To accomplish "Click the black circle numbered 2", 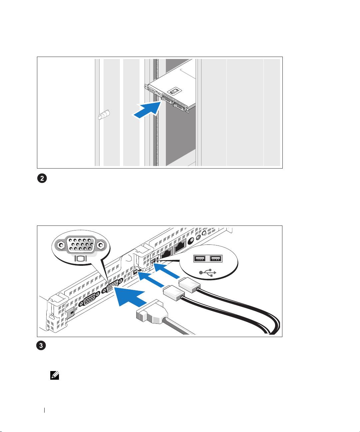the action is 42,179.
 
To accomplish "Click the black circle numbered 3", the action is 41,345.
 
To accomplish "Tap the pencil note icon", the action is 55,375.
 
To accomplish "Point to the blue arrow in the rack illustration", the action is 147,110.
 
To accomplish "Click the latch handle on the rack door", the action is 104,115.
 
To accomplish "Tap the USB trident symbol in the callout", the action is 208,273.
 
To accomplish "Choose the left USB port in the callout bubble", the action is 199,258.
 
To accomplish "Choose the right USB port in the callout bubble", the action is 216,258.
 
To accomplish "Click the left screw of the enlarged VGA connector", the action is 61,245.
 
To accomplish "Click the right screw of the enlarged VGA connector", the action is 101,245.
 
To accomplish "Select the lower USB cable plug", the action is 174,293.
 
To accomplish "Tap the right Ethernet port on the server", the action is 180,246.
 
